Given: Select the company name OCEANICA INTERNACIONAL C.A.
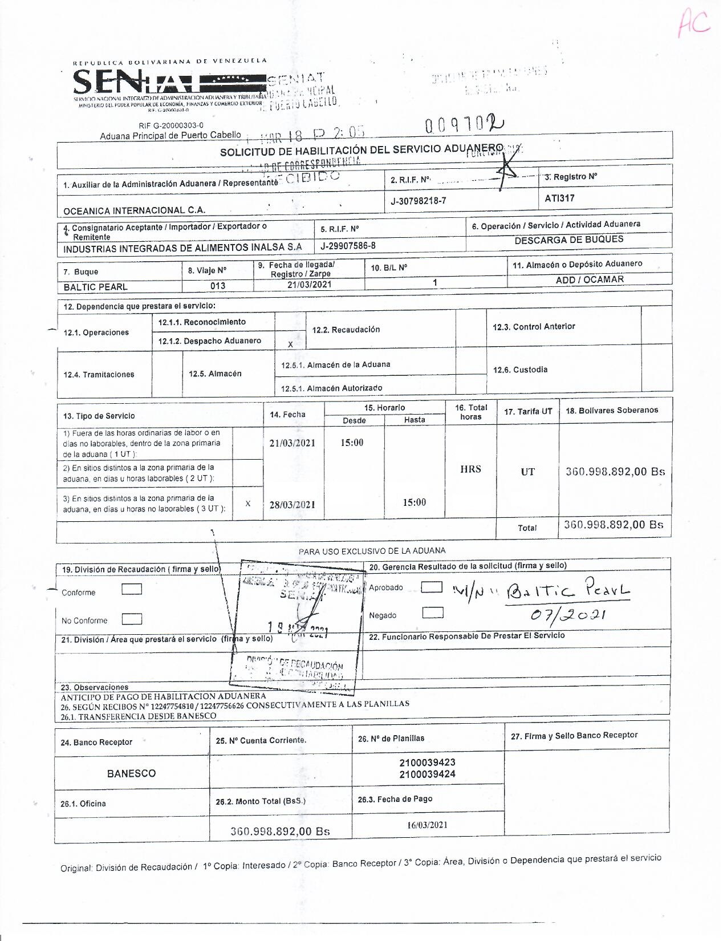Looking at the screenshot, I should (134, 210).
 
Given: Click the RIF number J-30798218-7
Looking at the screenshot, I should (419, 201).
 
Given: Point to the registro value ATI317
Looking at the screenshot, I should (559, 198).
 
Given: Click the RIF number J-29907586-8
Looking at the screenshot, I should (348, 246).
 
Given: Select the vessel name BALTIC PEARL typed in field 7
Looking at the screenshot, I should (95, 287).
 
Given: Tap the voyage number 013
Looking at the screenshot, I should (218, 286).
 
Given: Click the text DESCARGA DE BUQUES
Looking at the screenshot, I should (568, 240).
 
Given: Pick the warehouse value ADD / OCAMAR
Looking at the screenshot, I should (590, 279).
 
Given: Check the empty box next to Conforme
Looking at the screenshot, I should (132, 589).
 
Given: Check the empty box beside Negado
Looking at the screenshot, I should (433, 613).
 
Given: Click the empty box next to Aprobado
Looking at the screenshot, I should (432, 587).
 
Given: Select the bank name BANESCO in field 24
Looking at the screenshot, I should (131, 773).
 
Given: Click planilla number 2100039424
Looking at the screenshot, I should (427, 774).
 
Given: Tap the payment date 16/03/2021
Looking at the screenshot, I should (427, 825).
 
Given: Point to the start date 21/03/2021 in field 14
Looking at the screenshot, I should (293, 443).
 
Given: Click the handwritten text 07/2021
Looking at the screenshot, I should (567, 615).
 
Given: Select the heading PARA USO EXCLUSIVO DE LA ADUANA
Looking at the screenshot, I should (372, 551).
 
